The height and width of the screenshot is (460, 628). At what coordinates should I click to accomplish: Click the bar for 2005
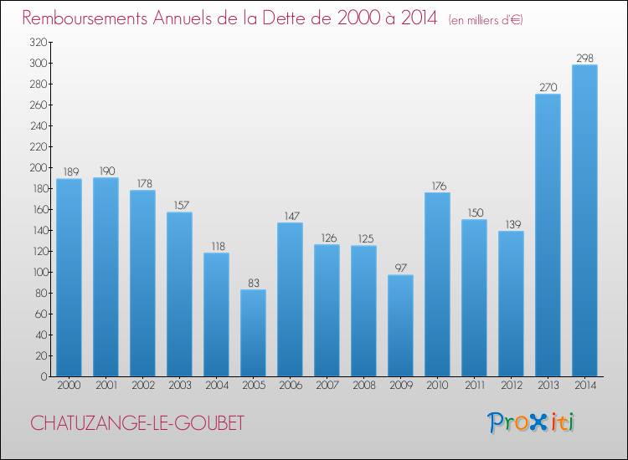[253, 333]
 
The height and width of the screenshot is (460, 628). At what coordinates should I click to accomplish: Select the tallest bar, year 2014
[584, 221]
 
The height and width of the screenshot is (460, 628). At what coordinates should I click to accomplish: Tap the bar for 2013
[548, 235]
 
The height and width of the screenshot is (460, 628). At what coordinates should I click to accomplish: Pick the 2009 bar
[400, 325]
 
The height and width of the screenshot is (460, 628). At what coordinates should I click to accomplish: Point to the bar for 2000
[69, 278]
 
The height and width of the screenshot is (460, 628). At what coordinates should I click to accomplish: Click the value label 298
[584, 58]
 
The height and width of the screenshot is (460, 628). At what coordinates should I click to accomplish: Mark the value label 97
[400, 268]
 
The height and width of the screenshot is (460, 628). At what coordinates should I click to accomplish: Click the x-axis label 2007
[327, 386]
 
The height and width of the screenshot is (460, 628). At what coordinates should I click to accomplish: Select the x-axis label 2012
[511, 386]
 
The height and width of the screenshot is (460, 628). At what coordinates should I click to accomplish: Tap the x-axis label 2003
[179, 386]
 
